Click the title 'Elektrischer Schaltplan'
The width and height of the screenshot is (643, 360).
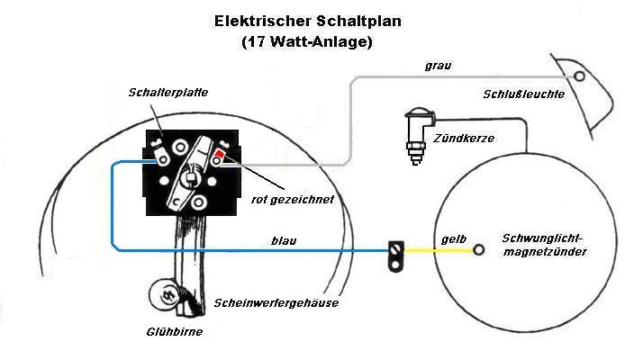coord(306,20)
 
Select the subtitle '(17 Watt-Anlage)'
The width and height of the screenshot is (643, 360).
coord(306,41)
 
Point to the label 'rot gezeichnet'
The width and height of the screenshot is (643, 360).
coord(292,199)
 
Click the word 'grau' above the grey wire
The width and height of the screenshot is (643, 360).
coord(438,66)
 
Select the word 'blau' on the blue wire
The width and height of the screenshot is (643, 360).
coord(283,241)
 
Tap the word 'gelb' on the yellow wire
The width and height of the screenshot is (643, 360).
coord(452,240)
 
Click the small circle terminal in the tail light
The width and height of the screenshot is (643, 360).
coord(580,77)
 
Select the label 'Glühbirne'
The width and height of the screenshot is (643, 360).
coord(174,331)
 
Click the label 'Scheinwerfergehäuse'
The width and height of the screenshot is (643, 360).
coord(276,302)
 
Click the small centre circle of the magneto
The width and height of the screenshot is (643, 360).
coord(479,248)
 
